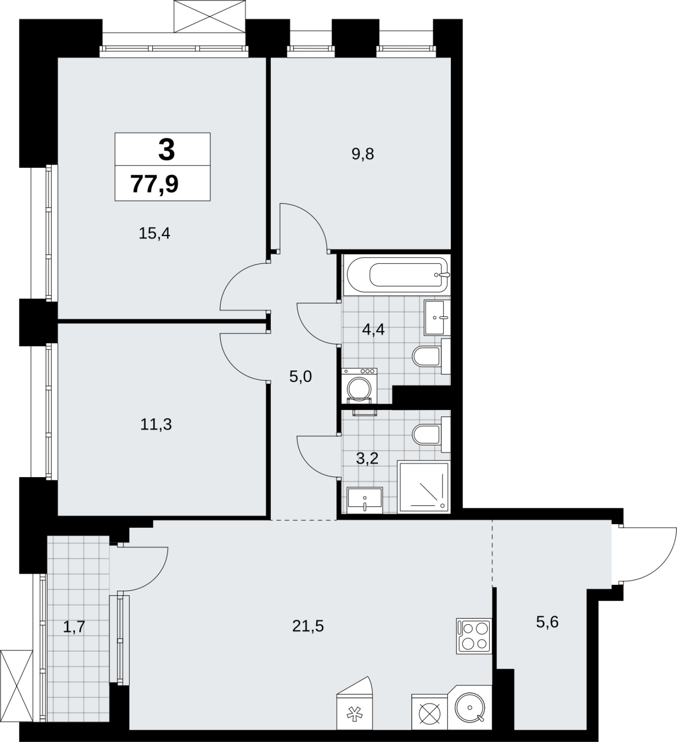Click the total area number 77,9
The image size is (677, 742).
pyautogui.click(x=155, y=184)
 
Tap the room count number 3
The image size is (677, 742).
pyautogui.click(x=166, y=149)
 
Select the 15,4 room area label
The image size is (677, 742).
pyautogui.click(x=155, y=233)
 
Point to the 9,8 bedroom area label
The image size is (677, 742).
pyautogui.click(x=363, y=154)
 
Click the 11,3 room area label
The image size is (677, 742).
pyautogui.click(x=156, y=424)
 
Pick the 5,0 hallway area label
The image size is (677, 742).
pyautogui.click(x=300, y=377)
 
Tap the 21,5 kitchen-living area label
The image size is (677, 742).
pyautogui.click(x=308, y=626)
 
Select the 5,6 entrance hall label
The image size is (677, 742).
pyautogui.click(x=547, y=622)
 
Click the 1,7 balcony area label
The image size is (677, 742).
pyautogui.click(x=74, y=627)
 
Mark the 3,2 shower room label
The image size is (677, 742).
pyautogui.click(x=367, y=459)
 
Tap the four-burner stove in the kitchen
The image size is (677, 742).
pyautogui.click(x=474, y=636)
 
